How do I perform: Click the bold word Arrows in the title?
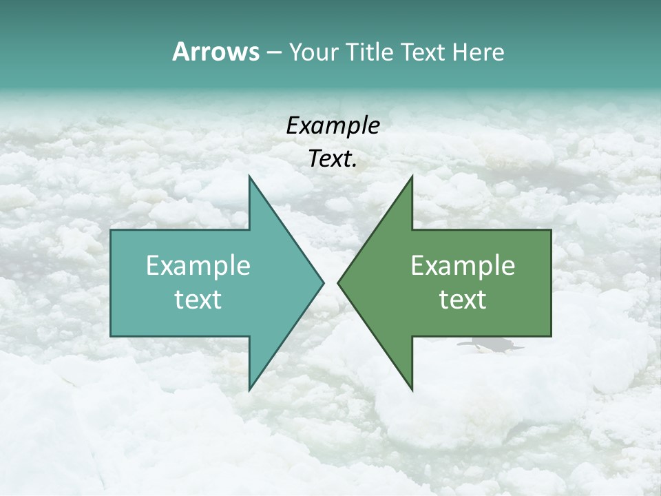[215, 52]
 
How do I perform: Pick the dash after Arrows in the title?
[273, 53]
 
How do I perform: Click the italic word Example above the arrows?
[333, 126]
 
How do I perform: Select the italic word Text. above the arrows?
[331, 159]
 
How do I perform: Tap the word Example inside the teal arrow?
[198, 266]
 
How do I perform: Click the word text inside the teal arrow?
[198, 299]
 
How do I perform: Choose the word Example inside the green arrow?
[463, 266]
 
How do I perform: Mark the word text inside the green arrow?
[463, 299]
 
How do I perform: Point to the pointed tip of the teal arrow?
[323, 282]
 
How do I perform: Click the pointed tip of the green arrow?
[339, 282]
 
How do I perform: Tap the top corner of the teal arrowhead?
[250, 177]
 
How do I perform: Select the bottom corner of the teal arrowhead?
[250, 389]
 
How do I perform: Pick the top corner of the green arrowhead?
[412, 177]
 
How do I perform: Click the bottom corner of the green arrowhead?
[412, 389]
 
